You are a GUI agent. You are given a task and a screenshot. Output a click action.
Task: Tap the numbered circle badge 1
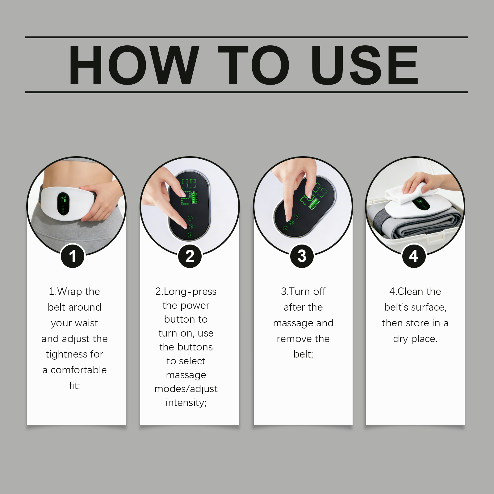coord(73,256)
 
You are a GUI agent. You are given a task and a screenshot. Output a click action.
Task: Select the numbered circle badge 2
coord(190,256)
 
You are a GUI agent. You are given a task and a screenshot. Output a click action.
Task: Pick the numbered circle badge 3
coord(302,256)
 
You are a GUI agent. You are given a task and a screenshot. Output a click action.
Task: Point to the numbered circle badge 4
coord(414,256)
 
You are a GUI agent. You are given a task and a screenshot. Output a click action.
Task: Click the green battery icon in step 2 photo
coord(195,197)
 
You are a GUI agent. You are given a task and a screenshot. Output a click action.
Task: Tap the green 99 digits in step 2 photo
coord(189,184)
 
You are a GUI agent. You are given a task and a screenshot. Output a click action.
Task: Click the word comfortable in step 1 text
coord(79,370)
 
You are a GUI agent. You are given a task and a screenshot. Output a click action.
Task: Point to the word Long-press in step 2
coord(190,291)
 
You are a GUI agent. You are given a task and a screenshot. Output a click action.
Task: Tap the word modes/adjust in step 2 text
coord(186,389)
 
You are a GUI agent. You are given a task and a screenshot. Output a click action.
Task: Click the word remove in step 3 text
coord(292,339)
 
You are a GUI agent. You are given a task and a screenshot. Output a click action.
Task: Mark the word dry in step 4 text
coord(400,339)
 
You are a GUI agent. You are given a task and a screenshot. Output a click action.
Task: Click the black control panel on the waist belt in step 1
coord(63,204)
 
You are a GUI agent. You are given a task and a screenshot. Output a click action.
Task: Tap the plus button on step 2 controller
coord(190,235)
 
